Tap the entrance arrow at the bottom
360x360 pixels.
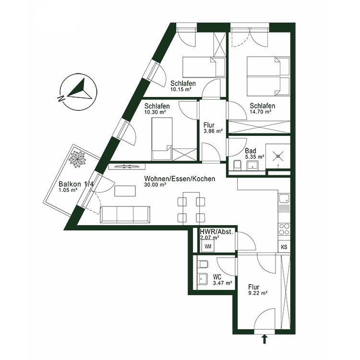(264, 340)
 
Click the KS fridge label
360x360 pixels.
(284, 247)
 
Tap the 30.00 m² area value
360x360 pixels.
(155, 184)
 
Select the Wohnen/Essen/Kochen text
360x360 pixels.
(179, 179)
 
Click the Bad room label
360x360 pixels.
(251, 150)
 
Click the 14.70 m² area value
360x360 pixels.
(261, 112)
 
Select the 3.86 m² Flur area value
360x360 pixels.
(213, 131)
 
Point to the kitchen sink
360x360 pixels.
(284, 198)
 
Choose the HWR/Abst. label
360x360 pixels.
(216, 232)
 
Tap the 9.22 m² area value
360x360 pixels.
(258, 293)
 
